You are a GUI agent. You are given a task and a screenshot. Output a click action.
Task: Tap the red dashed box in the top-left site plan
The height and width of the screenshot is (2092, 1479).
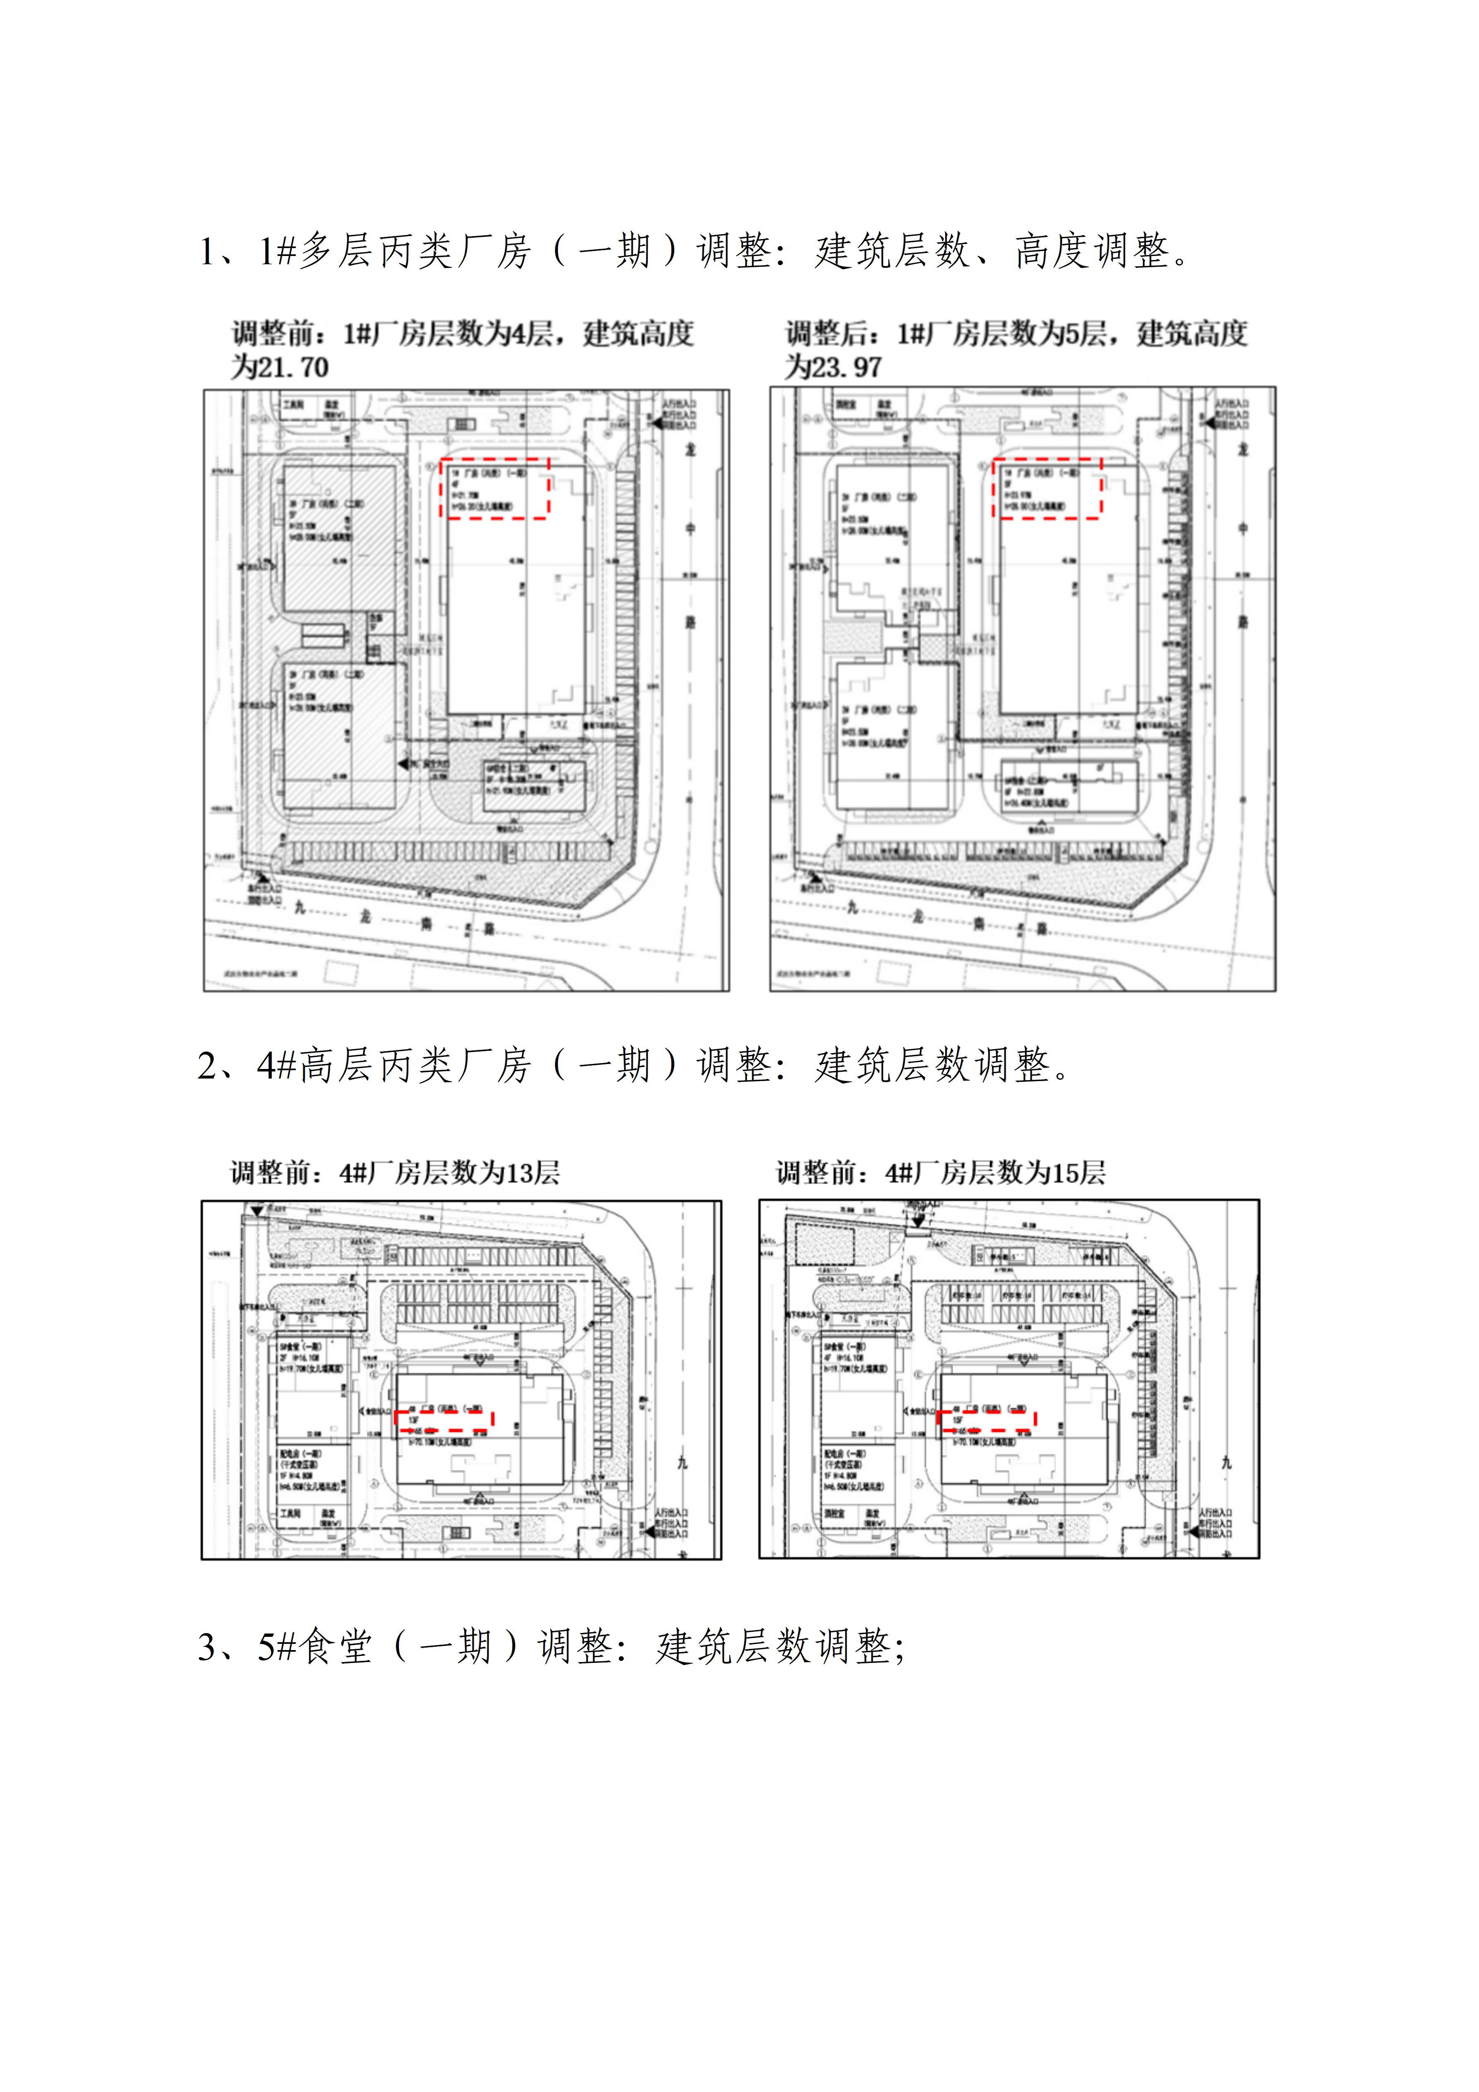[x=495, y=489]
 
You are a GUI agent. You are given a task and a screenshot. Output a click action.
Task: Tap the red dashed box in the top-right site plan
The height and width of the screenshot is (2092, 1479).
[x=1047, y=489]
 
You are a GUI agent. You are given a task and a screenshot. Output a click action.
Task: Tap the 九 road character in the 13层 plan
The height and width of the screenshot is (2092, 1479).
[x=683, y=1464]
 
